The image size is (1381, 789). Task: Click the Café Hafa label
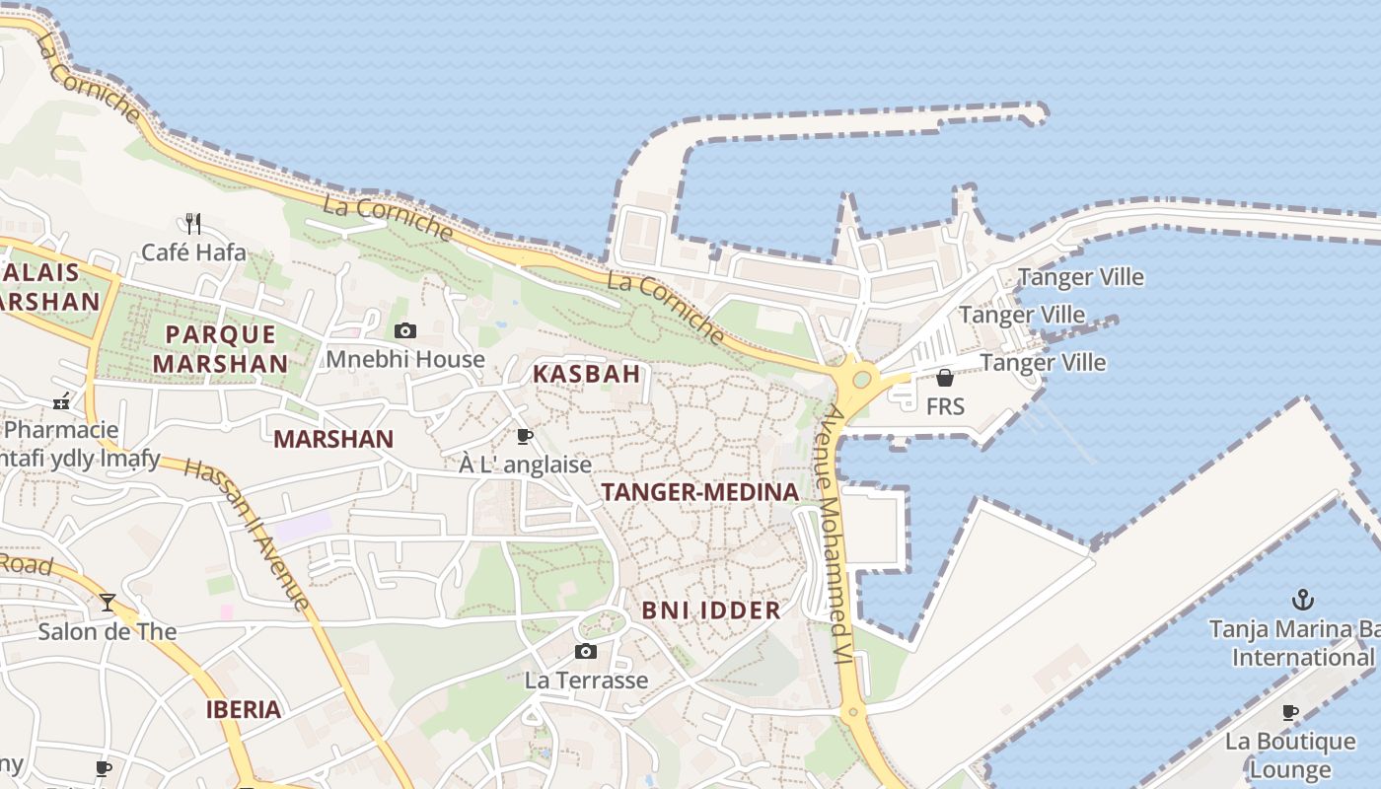(x=193, y=252)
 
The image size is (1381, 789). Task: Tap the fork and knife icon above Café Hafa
(x=193, y=224)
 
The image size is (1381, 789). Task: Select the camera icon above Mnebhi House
(x=405, y=330)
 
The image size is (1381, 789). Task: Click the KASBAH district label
(x=587, y=374)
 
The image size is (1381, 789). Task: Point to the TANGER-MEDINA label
(x=700, y=492)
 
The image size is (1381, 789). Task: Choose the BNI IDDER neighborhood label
(x=711, y=610)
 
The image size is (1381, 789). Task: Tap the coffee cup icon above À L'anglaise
(x=525, y=436)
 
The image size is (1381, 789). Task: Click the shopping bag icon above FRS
(x=945, y=378)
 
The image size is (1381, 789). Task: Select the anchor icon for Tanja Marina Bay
(x=1304, y=599)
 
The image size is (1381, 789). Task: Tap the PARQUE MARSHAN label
(x=221, y=348)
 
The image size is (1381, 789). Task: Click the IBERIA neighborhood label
(x=244, y=709)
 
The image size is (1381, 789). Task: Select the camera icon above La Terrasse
(x=586, y=651)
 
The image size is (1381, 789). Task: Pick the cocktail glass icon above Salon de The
(x=108, y=602)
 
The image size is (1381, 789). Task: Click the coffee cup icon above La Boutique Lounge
(x=1290, y=712)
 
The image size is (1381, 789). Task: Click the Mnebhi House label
(x=405, y=359)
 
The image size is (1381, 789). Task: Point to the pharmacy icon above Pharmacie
(x=61, y=401)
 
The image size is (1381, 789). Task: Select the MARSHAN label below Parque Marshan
(x=333, y=439)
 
